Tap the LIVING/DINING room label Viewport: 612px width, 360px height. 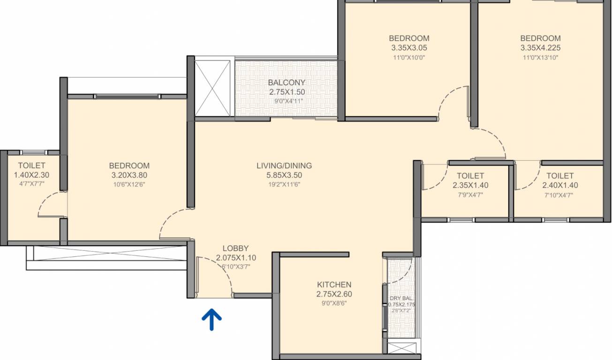point(284,165)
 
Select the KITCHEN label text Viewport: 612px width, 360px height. point(334,285)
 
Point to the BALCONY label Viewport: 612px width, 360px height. point(287,82)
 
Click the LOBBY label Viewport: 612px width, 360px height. point(235,248)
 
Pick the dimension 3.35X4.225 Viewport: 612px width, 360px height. point(540,48)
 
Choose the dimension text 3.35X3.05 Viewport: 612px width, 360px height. point(409,48)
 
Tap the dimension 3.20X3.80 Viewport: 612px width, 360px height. point(129,175)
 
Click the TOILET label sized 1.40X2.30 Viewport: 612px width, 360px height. point(31,165)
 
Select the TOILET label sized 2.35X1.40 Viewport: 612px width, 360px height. point(470,175)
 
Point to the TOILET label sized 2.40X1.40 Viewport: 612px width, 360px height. point(560,175)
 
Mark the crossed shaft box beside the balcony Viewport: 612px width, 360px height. point(213,88)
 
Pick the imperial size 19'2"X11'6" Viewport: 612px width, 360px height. point(284,184)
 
